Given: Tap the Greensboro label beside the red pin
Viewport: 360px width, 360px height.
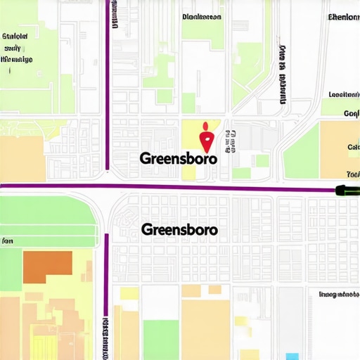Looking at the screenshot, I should [179, 158].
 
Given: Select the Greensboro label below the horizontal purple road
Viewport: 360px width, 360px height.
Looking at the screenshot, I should [179, 230].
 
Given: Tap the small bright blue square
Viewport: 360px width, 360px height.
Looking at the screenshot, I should [292, 356].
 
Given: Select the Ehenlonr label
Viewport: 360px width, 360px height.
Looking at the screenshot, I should [343, 16].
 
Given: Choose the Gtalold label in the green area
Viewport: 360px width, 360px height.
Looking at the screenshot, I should [15, 34].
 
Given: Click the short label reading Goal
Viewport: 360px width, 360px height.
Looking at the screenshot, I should [351, 113].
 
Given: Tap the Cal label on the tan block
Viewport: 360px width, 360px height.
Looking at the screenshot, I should [352, 148].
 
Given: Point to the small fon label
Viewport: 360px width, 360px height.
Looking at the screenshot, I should [7, 241].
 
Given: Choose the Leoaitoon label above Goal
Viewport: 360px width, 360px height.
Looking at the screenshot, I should [344, 94].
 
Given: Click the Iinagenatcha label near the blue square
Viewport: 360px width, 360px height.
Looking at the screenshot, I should [340, 295].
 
